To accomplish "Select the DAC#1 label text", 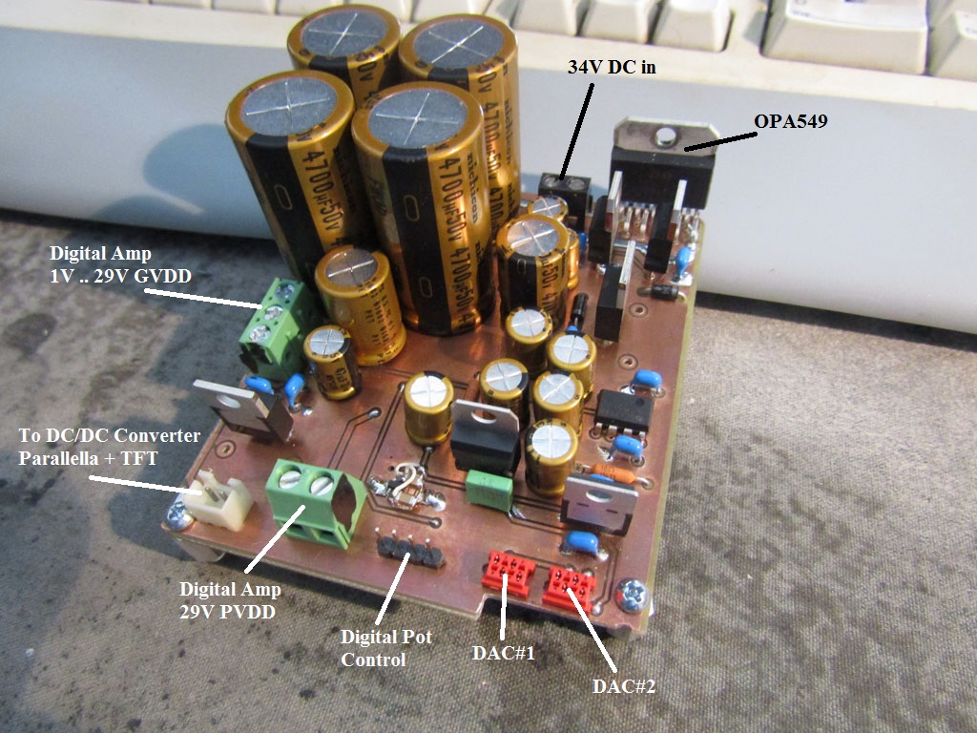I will [x=504, y=654].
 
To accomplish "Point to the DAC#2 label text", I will [x=624, y=685].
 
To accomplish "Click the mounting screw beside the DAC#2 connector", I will [x=633, y=596].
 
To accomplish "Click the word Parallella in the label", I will [x=61, y=457].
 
